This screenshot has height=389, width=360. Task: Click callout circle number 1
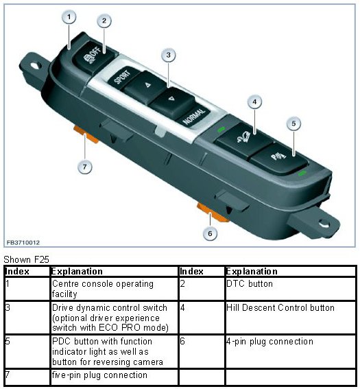(69, 17)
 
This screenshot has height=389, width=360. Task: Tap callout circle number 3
(169, 55)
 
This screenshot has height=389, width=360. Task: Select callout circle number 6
(210, 233)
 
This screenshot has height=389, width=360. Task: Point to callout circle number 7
(85, 167)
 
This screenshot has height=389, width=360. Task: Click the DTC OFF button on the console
(94, 56)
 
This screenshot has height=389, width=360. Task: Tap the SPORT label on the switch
(122, 77)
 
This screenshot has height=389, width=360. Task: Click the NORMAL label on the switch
(194, 116)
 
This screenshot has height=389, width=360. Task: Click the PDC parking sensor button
(278, 157)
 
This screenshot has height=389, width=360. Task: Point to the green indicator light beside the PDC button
(302, 174)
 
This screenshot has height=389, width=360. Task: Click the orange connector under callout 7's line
(86, 134)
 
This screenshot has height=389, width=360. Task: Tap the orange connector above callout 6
(213, 212)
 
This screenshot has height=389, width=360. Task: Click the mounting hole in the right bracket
(324, 224)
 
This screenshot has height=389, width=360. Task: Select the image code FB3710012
(23, 242)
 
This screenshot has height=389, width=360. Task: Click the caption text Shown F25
(26, 259)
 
